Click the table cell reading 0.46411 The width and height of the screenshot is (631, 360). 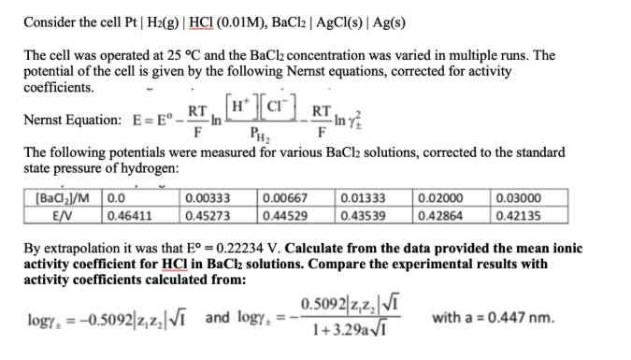point(128,213)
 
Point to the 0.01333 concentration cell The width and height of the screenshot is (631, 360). point(361,198)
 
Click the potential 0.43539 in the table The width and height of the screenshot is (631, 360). point(361,213)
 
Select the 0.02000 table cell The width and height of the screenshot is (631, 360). point(438,198)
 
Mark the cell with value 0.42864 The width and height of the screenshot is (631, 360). point(438,213)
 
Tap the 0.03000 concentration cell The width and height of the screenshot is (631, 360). point(517,198)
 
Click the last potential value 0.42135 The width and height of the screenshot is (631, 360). point(517,213)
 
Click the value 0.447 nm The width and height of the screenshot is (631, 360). point(521,317)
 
